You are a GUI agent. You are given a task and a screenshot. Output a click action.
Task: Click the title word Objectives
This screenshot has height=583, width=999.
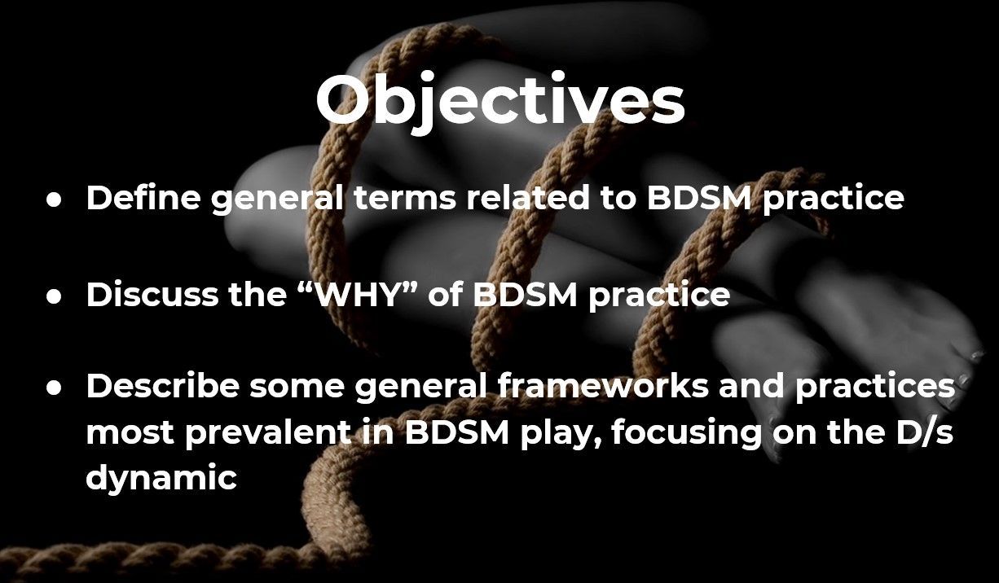click(500, 100)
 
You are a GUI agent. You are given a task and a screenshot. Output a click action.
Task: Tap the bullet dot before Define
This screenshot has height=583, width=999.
click(54, 200)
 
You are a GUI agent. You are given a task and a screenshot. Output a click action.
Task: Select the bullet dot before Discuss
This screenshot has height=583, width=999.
click(54, 297)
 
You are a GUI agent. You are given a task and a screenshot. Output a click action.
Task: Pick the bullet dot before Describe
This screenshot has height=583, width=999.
click(54, 388)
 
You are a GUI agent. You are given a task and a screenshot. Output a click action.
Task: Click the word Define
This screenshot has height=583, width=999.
click(143, 197)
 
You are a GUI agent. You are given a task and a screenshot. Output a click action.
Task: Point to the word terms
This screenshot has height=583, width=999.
click(405, 198)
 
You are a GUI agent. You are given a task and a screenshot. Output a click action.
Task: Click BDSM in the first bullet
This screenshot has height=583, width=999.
click(698, 197)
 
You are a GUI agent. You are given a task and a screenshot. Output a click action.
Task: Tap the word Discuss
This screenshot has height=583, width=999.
click(152, 294)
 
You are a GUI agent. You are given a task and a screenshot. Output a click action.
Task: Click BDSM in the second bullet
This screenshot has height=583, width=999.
click(525, 294)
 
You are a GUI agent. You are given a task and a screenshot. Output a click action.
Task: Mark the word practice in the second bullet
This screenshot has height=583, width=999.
click(658, 296)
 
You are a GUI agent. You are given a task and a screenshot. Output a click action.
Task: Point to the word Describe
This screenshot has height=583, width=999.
click(163, 386)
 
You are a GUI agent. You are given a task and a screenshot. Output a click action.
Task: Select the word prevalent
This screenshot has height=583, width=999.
click(267, 433)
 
